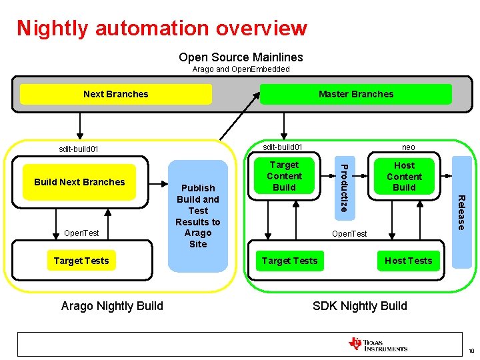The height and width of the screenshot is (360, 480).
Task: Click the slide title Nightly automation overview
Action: click(x=162, y=28)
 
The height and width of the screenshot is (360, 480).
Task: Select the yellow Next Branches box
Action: click(x=115, y=94)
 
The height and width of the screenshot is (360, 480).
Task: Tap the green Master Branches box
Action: click(x=355, y=94)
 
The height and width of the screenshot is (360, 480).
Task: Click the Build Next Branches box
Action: click(x=79, y=182)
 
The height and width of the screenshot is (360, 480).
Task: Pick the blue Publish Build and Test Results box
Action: click(x=198, y=216)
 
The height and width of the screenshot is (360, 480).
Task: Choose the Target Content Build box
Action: click(x=284, y=176)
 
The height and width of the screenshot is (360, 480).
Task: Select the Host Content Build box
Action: click(x=404, y=176)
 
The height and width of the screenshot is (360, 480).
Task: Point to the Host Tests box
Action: click(x=408, y=261)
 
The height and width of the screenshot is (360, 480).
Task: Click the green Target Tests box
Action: click(x=289, y=261)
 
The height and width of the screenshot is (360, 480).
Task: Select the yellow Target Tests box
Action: click(x=81, y=261)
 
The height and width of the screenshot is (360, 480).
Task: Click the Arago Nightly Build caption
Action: click(x=112, y=306)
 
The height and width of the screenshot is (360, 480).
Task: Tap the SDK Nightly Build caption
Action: click(x=359, y=306)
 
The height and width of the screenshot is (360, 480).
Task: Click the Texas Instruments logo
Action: click(x=377, y=345)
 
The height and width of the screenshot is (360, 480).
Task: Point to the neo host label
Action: click(x=408, y=147)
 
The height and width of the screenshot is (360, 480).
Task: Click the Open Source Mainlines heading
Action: click(x=241, y=57)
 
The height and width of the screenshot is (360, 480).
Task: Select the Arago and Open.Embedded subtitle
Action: click(x=241, y=69)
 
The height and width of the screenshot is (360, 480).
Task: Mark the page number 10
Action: click(x=471, y=351)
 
